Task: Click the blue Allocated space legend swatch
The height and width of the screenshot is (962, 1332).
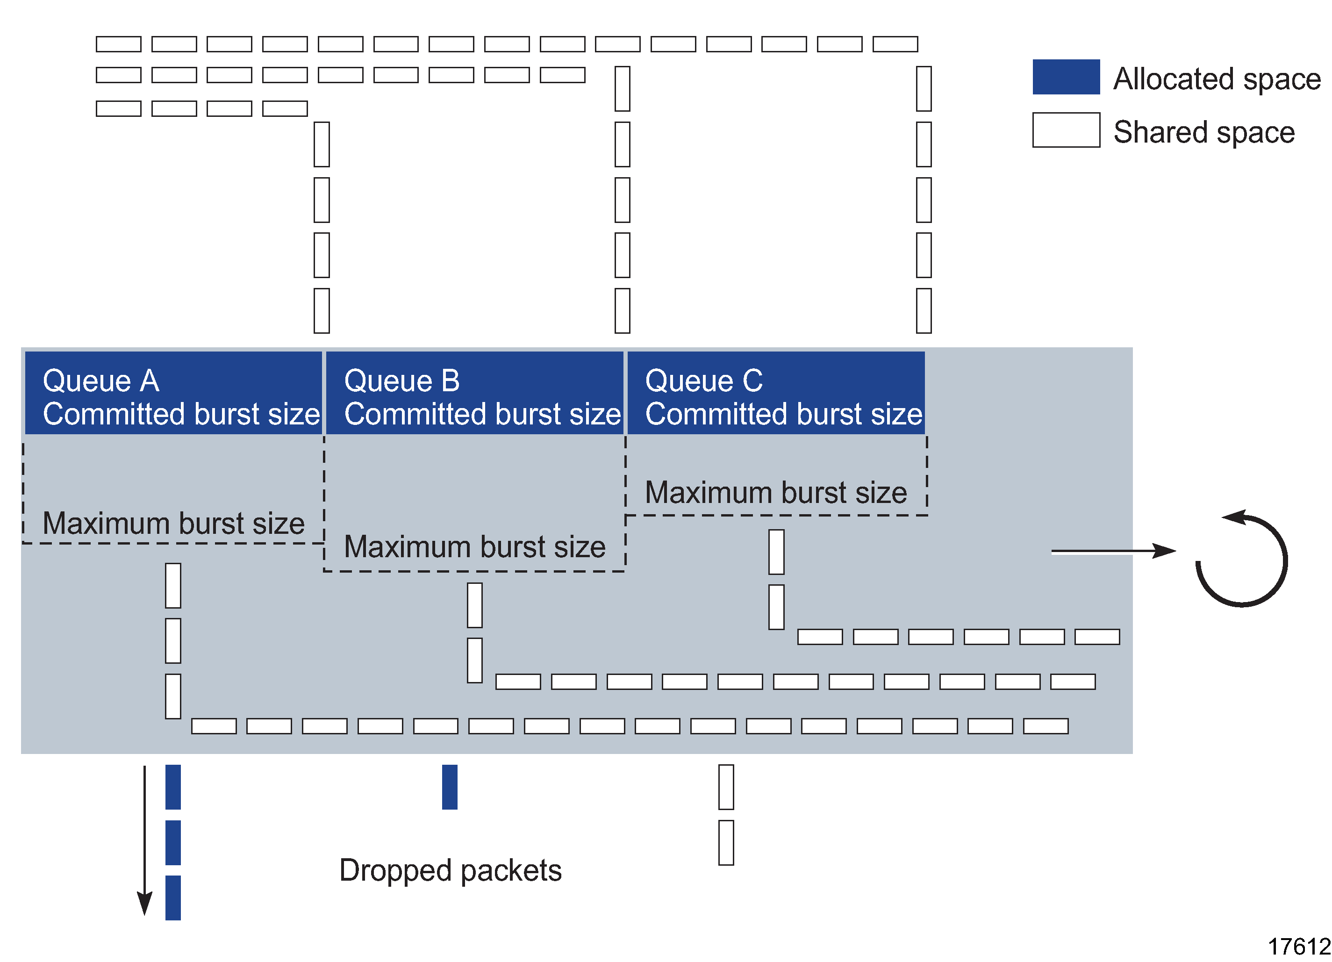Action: (x=1066, y=77)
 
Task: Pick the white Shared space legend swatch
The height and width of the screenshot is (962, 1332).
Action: (x=1066, y=130)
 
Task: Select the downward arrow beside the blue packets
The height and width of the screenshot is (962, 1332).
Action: (x=144, y=840)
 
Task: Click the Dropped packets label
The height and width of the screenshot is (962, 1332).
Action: (x=451, y=870)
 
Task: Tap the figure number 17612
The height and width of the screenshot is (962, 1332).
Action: (x=1298, y=947)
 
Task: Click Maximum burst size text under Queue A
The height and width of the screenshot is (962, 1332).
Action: (x=173, y=523)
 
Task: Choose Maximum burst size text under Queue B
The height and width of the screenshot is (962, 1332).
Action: (x=474, y=547)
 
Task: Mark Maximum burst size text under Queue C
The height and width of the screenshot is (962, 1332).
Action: (x=776, y=492)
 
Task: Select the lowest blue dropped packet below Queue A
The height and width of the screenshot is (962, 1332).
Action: (x=172, y=897)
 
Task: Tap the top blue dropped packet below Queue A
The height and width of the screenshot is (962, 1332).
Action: (x=172, y=787)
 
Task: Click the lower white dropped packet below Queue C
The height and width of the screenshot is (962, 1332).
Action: (x=726, y=843)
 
